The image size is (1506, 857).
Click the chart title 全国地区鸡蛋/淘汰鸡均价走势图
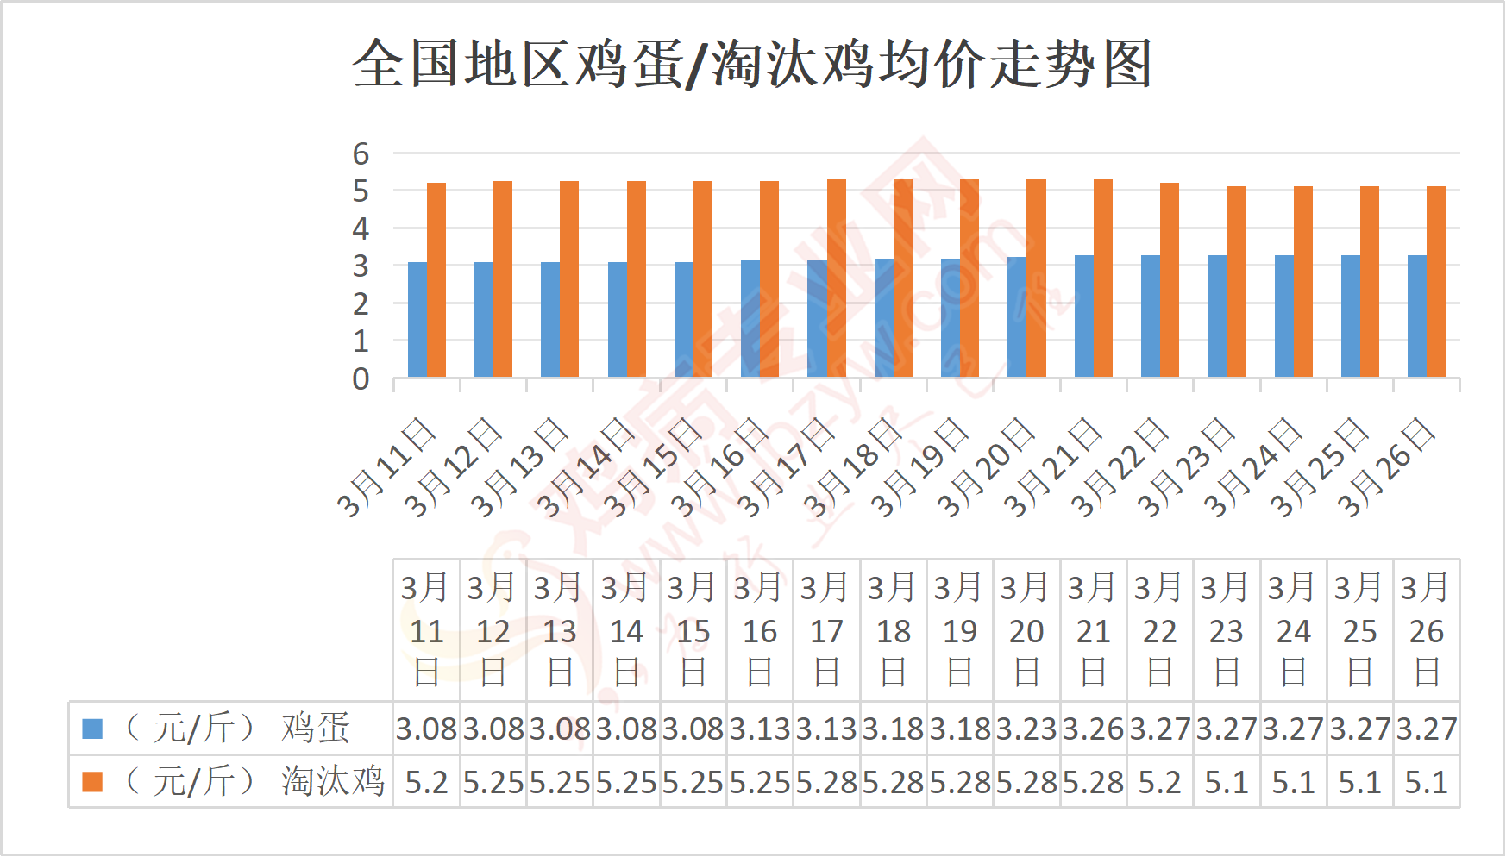[752, 64]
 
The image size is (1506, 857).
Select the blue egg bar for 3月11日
[417, 319]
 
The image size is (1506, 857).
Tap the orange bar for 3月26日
[1436, 282]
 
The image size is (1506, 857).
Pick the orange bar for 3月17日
[837, 278]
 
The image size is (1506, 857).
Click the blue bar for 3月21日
[1084, 316]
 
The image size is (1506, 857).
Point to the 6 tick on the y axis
[361, 154]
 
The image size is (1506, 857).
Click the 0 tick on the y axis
[361, 378]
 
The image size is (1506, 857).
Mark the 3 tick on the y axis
[361, 266]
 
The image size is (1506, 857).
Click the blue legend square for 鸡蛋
[92, 729]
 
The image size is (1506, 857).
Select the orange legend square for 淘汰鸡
[92, 782]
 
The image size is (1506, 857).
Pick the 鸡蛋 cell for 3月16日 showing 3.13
[760, 729]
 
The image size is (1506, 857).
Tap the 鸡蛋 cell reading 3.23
[1026, 729]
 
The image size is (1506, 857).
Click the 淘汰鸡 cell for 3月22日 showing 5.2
[1160, 782]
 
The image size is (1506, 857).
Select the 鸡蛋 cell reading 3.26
[1093, 729]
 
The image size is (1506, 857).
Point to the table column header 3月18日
[894, 630]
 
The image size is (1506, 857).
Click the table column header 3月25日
[1360, 630]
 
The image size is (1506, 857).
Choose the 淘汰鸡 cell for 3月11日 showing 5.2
[426, 782]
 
